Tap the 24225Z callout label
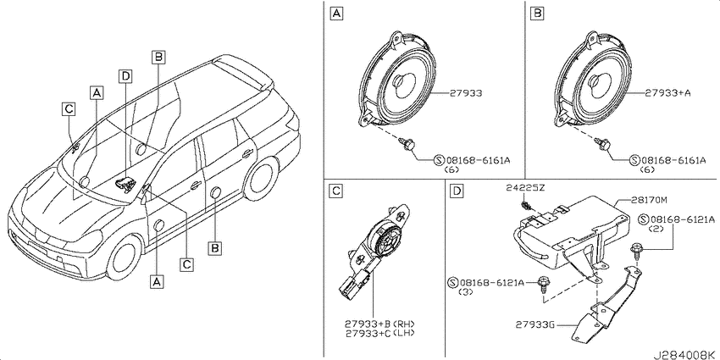click(x=525, y=187)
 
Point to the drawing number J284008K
click(x=686, y=354)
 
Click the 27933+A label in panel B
click(x=668, y=93)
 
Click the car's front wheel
click(x=123, y=258)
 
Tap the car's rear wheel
click(x=260, y=179)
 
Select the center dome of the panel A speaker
click(x=402, y=83)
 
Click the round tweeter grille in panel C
click(x=386, y=237)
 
